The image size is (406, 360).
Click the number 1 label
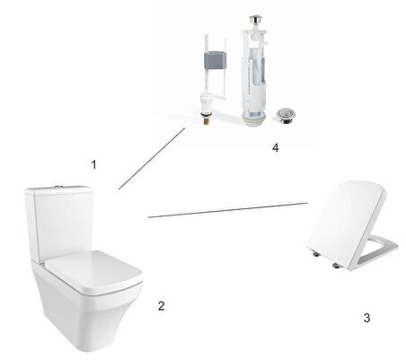94,164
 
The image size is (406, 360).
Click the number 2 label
161,306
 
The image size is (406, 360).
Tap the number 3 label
366,318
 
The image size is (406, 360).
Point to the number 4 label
276,147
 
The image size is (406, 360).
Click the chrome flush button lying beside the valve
286,115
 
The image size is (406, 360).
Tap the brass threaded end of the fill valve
206,121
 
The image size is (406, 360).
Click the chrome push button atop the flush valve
254,19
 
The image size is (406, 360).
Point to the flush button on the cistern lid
57,187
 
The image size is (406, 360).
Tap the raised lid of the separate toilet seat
346,224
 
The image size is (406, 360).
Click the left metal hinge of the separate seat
315,254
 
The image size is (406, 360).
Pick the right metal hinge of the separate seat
337,265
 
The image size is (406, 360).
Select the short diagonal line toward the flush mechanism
152,159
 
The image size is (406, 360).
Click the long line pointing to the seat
228,210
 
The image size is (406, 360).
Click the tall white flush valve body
254,74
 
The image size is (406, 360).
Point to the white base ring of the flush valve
254,122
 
